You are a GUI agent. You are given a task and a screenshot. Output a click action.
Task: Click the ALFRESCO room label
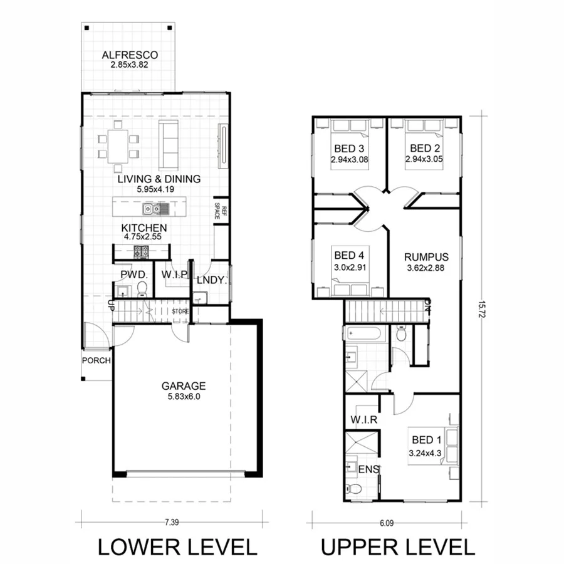[130, 55]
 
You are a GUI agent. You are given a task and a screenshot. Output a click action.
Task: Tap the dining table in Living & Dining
[117, 146]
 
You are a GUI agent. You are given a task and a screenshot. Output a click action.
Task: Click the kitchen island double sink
[152, 209]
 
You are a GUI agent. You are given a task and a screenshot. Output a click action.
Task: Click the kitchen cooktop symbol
[141, 252]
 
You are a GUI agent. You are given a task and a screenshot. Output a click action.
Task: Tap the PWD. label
[133, 274]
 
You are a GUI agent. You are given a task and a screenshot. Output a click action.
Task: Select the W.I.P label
[175, 274]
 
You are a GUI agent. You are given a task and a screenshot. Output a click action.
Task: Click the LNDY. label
[211, 279]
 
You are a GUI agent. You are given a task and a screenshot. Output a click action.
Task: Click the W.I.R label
[363, 420]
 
